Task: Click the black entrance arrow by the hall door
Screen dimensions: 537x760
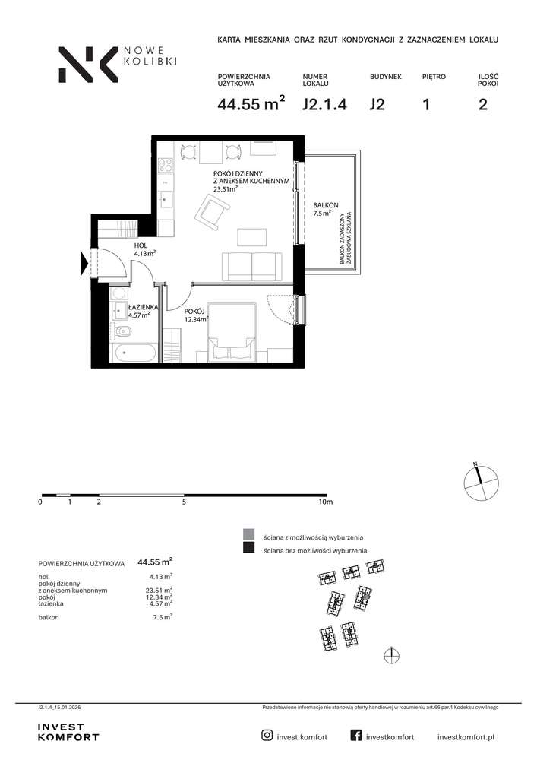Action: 84,263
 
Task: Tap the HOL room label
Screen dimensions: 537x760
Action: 141,245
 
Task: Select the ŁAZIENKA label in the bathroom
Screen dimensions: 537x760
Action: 143,307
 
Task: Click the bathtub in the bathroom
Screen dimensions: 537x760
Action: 133,353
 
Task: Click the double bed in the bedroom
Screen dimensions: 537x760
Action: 232,333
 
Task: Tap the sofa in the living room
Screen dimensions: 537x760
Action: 252,267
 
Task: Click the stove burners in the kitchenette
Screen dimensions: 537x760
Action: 166,166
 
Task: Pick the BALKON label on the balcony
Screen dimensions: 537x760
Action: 325,205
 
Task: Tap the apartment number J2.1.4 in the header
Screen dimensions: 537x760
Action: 324,104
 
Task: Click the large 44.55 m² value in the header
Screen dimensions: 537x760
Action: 251,103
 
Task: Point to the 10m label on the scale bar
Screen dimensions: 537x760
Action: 326,502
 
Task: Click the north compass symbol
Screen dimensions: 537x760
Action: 481,482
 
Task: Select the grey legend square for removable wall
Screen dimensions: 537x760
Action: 249,534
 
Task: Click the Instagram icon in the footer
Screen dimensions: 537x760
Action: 267,735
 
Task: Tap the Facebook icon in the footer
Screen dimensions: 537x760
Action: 356,735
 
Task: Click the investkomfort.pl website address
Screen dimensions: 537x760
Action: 466,737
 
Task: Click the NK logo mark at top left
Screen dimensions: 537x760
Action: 88,65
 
